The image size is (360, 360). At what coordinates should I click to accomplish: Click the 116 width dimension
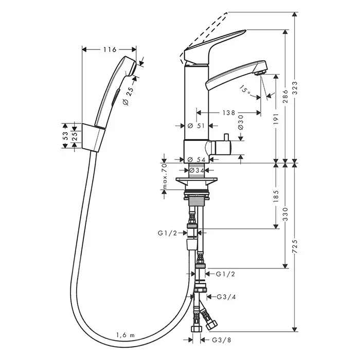[109, 50]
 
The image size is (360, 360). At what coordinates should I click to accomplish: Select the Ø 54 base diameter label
[197, 159]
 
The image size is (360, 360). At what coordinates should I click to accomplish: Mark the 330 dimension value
[285, 215]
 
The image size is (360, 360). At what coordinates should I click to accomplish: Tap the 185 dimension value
[276, 196]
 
